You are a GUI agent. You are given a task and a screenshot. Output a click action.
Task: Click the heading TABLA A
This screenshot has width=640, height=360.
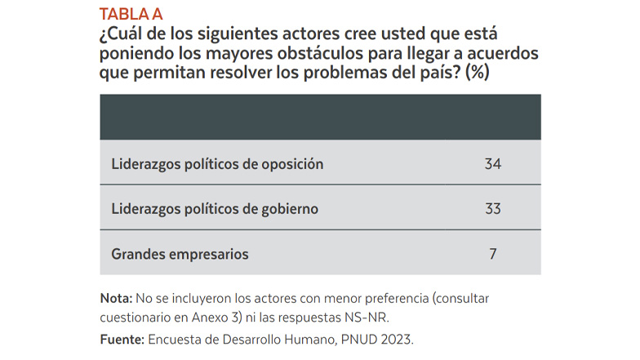(x=131, y=14)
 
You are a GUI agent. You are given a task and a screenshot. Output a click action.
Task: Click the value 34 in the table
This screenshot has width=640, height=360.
(x=492, y=164)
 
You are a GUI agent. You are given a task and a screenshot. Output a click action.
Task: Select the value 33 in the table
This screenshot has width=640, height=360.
(x=492, y=209)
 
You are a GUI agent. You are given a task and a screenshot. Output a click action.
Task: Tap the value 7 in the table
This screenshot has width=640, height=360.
(x=493, y=254)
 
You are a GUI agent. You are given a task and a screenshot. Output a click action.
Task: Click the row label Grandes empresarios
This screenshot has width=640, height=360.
(x=180, y=254)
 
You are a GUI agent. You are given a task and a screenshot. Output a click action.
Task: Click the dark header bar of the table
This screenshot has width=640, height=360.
(x=320, y=118)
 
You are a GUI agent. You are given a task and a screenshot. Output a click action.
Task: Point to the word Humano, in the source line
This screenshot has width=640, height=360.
(x=329, y=338)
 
